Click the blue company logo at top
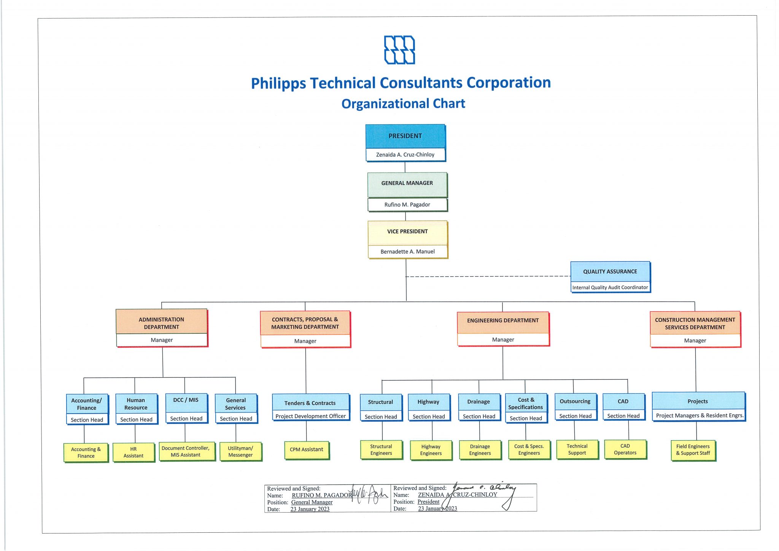[399, 50]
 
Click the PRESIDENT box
[405, 136]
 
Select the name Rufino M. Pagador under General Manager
[407, 205]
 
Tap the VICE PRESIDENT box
[407, 232]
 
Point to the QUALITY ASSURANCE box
[610, 272]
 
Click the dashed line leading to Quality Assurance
[487, 276]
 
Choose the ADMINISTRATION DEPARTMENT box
[161, 323]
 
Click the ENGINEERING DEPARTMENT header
[503, 321]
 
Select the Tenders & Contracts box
[310, 403]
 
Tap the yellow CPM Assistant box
[307, 450]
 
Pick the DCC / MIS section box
[186, 400]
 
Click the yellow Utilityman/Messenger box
[240, 452]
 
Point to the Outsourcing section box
[575, 401]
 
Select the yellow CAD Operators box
[625, 449]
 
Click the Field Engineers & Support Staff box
[693, 450]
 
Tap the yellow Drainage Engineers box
[480, 450]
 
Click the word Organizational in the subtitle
[378, 104]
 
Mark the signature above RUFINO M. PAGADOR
[367, 494]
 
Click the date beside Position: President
[437, 509]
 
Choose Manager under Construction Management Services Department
[695, 341]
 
